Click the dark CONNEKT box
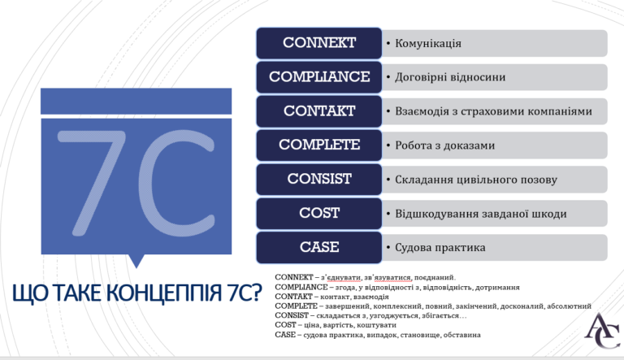click(319, 43)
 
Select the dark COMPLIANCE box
click(319, 77)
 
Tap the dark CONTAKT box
click(319, 111)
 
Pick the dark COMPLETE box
click(319, 145)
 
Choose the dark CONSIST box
click(319, 180)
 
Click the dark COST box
click(319, 213)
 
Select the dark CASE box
click(319, 247)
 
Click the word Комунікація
click(428, 43)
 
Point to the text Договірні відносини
click(450, 77)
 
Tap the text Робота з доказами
click(445, 145)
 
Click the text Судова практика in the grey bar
click(440, 248)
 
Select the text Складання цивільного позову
click(476, 180)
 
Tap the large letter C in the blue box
click(176, 183)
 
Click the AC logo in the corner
click(602, 331)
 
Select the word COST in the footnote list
click(285, 325)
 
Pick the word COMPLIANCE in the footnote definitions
click(301, 287)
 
